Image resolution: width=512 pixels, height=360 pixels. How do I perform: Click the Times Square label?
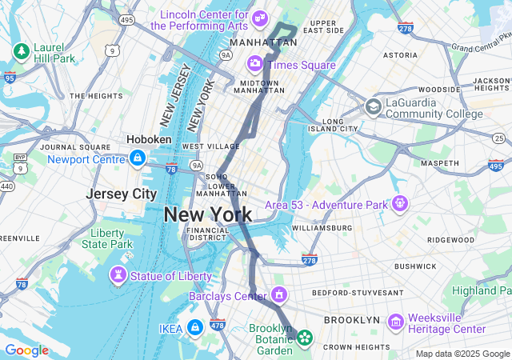(302, 65)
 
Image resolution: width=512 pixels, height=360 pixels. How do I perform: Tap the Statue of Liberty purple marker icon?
(118, 276)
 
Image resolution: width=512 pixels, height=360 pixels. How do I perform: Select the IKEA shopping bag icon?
(194, 327)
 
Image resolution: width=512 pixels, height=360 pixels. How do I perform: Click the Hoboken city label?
(149, 139)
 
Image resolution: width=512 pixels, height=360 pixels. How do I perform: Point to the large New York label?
(208, 214)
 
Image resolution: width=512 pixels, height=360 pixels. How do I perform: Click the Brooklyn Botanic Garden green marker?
(305, 338)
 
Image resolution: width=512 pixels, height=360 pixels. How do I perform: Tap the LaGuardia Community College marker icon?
(374, 107)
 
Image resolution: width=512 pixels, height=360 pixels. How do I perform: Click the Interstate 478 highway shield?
(217, 325)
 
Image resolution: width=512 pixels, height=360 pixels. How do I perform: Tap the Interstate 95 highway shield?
(9, 78)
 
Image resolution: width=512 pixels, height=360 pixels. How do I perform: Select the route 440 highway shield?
(6, 186)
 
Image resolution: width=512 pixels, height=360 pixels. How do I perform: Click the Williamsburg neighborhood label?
(322, 228)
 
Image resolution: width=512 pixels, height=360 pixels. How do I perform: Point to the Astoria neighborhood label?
(400, 55)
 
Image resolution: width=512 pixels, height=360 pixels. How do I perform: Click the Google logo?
(26, 350)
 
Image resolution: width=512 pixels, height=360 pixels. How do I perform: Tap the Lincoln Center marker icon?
(258, 18)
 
